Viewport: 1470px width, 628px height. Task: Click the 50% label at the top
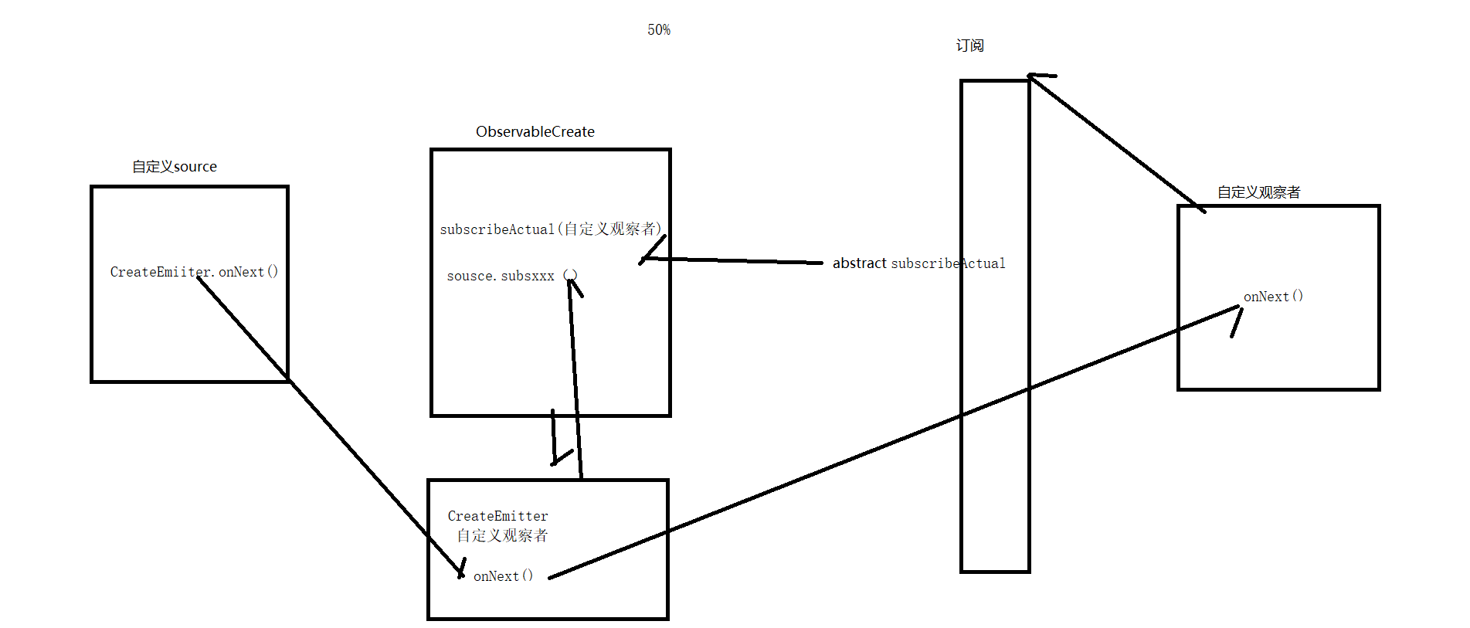click(x=659, y=30)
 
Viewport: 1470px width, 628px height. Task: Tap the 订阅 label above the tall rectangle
click(x=969, y=46)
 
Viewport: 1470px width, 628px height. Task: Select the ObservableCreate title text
click(x=535, y=131)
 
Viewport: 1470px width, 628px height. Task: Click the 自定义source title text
click(x=175, y=166)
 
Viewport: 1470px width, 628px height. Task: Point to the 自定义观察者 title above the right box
click(x=1258, y=192)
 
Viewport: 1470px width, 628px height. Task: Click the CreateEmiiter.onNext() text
click(x=194, y=272)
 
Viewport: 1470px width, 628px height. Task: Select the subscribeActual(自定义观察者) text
click(x=550, y=229)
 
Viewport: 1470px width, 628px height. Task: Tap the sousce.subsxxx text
click(x=501, y=276)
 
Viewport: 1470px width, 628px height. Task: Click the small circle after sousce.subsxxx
click(x=570, y=275)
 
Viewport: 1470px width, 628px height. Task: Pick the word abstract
click(x=859, y=263)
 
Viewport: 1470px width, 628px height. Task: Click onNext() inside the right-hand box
click(x=1273, y=297)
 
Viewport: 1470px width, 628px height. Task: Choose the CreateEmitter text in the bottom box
click(x=497, y=516)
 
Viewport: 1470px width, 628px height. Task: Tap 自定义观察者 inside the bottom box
click(x=502, y=535)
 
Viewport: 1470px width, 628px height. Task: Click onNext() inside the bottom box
click(x=503, y=576)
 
